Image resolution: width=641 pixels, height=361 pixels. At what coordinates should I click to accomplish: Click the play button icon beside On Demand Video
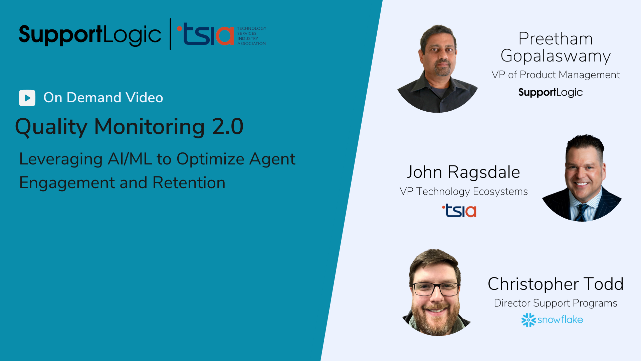[27, 98]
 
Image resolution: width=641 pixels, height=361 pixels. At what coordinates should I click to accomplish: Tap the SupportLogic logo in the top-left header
[90, 35]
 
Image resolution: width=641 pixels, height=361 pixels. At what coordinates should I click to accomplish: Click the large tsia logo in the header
[205, 34]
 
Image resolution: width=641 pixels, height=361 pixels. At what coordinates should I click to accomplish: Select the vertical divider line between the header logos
[171, 34]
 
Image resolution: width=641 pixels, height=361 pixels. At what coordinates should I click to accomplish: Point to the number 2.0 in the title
[228, 127]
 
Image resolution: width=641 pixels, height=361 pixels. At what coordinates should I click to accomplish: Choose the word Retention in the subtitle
[189, 183]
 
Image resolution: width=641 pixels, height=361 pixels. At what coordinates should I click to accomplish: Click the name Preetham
[556, 39]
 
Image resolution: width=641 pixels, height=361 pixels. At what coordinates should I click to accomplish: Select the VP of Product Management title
[556, 75]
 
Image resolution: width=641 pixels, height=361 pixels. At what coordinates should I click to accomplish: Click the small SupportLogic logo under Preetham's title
[551, 93]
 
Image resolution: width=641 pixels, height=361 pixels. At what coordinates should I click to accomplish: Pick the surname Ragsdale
[484, 172]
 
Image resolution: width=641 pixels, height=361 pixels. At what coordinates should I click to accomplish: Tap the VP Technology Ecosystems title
[464, 192]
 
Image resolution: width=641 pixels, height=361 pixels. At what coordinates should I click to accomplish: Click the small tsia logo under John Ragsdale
[459, 211]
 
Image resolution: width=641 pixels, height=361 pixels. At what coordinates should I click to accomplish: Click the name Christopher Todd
[556, 284]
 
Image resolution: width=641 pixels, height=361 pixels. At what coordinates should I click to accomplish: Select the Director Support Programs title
[556, 303]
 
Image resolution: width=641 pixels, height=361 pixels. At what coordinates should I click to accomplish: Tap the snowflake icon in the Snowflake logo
[528, 320]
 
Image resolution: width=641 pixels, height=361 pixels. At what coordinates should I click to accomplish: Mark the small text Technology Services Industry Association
[252, 36]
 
